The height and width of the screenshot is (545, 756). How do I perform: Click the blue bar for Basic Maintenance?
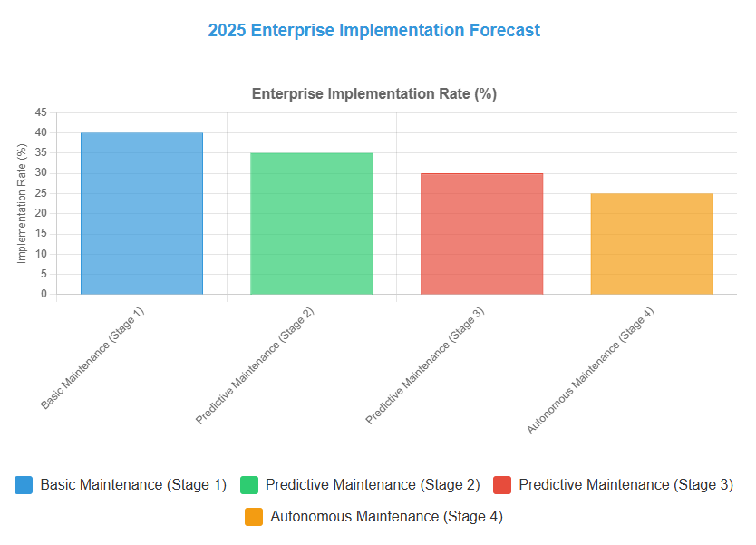point(141,213)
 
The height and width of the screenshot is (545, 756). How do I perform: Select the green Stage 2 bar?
point(312,223)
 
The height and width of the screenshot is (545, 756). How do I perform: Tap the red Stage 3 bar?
point(481,233)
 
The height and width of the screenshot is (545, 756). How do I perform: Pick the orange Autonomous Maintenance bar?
point(652,244)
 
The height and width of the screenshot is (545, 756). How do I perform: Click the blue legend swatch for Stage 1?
point(24,485)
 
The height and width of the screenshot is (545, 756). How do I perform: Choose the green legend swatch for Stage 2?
point(249,485)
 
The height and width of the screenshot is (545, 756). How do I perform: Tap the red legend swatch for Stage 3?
point(502,485)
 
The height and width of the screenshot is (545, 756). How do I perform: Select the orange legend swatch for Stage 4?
point(254,517)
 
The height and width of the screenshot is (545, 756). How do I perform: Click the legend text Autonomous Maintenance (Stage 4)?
point(386,517)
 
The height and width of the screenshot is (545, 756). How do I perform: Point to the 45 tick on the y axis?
point(41,112)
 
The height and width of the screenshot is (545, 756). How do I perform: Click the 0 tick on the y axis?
point(44,294)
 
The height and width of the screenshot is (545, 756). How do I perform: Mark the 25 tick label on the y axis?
point(41,193)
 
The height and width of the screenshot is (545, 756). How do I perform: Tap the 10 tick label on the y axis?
point(41,254)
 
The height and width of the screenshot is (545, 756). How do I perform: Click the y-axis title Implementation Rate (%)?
point(22,203)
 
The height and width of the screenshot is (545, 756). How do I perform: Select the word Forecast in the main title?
point(505,30)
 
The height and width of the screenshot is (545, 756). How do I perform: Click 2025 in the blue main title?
point(228,30)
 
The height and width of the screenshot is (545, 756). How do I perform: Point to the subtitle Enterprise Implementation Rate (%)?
point(374,93)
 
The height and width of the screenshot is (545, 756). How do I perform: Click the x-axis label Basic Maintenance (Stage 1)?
point(92,358)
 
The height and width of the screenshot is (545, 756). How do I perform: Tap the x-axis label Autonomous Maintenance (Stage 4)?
point(590,370)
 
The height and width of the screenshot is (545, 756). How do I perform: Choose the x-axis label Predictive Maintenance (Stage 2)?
point(255,365)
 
